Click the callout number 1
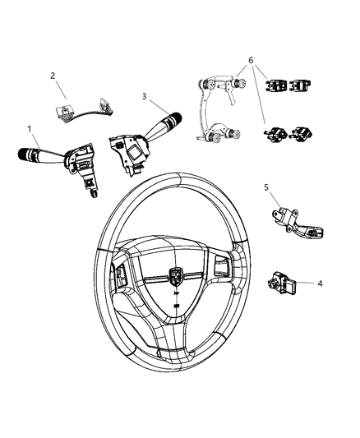click(x=30, y=129)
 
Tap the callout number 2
click(x=53, y=76)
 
